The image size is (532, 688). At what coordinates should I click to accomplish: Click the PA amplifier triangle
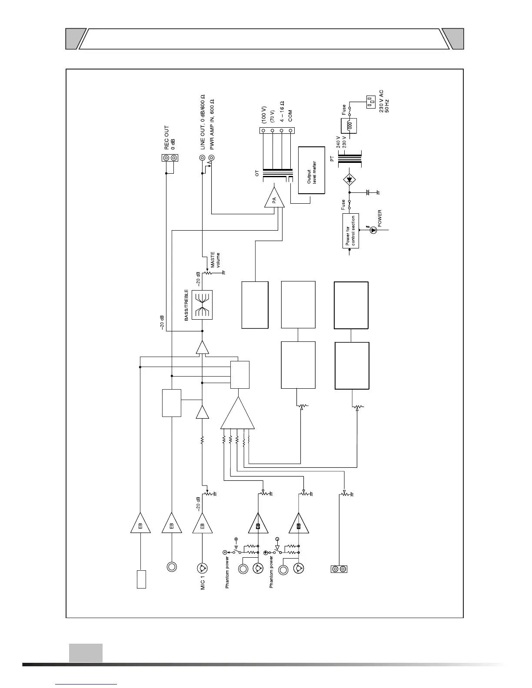pyautogui.click(x=275, y=199)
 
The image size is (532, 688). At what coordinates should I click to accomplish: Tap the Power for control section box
pyautogui.click(x=350, y=231)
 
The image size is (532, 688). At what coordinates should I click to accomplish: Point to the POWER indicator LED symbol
pyautogui.click(x=373, y=231)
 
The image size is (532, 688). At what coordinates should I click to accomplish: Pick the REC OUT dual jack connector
pyautogui.click(x=170, y=158)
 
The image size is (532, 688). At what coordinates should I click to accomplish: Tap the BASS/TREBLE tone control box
pyautogui.click(x=203, y=305)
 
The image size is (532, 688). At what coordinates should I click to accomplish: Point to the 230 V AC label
pyautogui.click(x=381, y=101)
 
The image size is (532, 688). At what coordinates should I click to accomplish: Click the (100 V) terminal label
pyautogui.click(x=263, y=113)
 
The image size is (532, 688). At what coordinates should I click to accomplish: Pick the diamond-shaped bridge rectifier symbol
pyautogui.click(x=349, y=179)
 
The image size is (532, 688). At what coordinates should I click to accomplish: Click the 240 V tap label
pyautogui.click(x=339, y=142)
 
